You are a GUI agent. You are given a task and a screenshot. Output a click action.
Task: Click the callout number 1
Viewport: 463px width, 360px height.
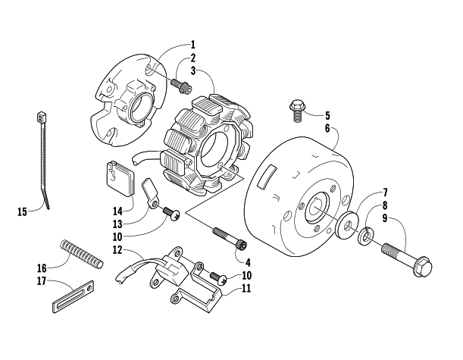192,45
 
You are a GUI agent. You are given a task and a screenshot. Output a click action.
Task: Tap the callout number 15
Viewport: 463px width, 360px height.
22,211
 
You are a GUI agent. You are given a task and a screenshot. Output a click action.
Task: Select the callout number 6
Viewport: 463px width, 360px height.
327,129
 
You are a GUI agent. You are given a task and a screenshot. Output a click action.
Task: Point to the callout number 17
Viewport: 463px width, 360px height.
42,281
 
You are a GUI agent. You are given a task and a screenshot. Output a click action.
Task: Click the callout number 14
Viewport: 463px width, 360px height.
117,211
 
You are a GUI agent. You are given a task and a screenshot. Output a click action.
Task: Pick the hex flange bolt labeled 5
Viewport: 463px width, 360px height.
296,111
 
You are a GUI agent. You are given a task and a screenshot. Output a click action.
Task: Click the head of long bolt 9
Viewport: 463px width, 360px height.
423,267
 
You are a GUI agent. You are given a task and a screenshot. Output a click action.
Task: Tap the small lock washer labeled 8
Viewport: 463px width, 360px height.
366,236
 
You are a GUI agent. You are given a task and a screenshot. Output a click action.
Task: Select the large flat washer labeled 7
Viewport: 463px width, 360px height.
348,225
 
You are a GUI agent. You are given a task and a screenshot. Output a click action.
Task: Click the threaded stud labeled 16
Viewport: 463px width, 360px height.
82,254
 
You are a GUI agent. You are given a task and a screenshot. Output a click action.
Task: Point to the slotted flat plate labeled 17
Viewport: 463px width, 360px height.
74,297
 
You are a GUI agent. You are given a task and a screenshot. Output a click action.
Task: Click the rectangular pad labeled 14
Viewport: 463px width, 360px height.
120,178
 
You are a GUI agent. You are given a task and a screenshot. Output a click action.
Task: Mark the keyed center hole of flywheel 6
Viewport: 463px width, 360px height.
317,206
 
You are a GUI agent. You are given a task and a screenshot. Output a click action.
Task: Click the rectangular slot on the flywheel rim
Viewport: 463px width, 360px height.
266,177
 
